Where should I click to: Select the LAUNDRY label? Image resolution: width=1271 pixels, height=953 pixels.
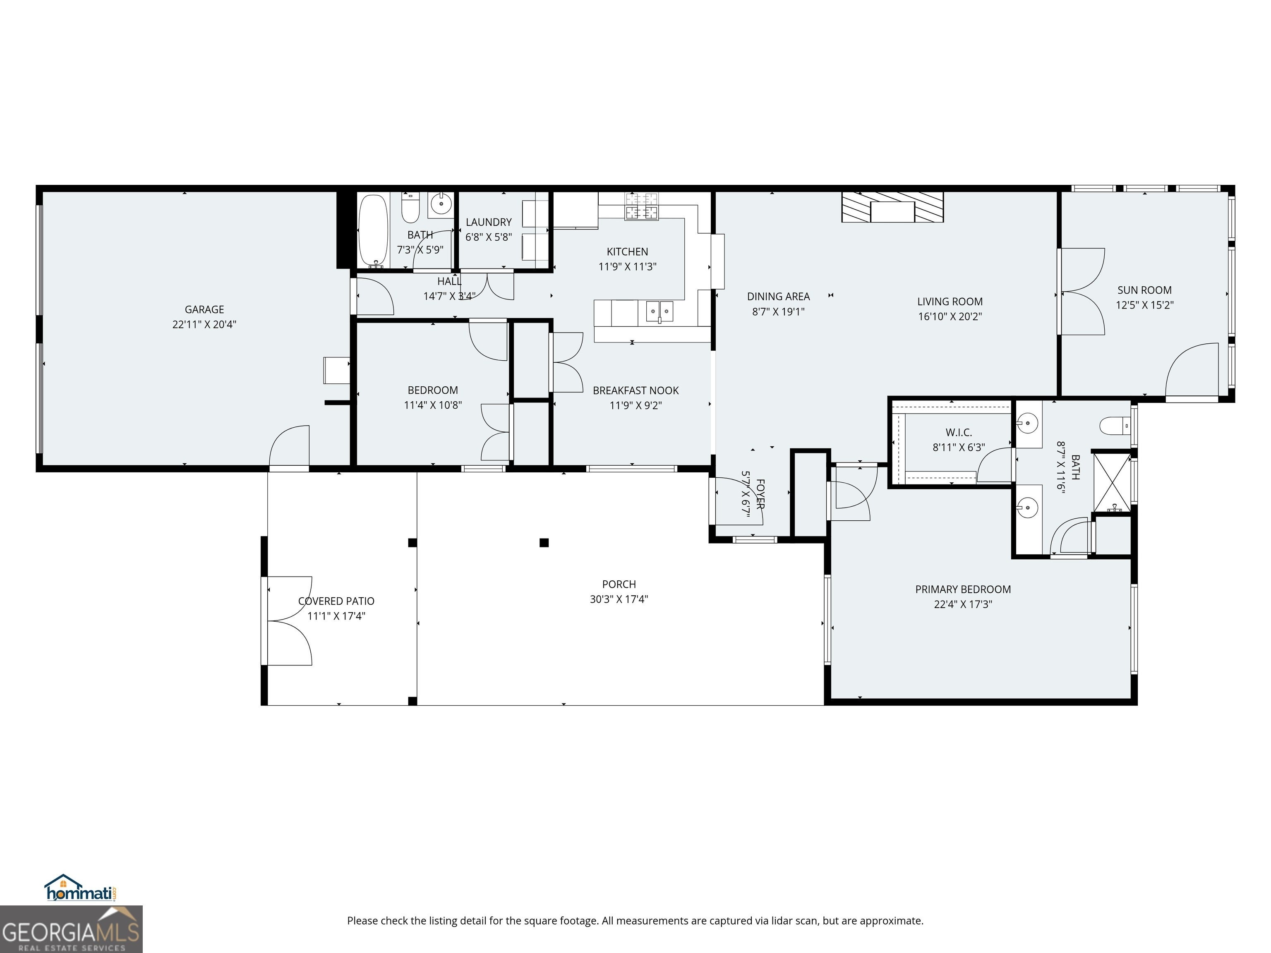(488, 222)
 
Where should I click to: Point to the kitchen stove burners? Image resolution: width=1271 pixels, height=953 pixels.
(642, 206)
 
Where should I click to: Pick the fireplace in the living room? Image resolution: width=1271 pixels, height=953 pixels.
(892, 207)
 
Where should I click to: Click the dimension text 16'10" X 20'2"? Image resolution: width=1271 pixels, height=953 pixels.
(950, 316)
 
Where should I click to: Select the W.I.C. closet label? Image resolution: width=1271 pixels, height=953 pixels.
(958, 433)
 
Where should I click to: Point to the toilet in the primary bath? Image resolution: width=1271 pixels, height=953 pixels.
(1115, 426)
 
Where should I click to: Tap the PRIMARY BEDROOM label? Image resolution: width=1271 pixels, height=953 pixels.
(963, 589)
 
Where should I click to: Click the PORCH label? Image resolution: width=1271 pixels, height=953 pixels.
(619, 584)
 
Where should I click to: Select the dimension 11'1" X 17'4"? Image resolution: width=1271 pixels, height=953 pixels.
(336, 616)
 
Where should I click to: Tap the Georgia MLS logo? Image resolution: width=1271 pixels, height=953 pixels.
(71, 929)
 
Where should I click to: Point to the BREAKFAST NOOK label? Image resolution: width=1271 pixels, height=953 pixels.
(635, 390)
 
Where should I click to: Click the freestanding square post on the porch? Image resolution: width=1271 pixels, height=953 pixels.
(544, 542)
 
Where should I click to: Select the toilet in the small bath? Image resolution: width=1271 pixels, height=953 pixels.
(410, 208)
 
